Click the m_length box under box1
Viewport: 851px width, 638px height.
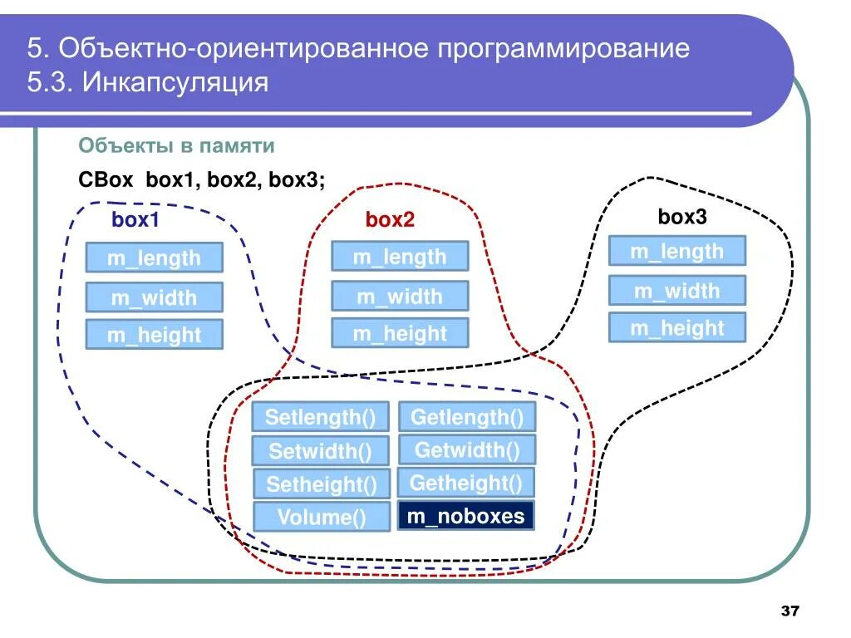(155, 258)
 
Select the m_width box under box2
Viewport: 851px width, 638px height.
(400, 297)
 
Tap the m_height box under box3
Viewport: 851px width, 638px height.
(676, 328)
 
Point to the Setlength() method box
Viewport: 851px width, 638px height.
(320, 416)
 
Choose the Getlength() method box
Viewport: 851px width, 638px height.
(467, 416)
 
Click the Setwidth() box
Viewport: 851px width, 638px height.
(320, 452)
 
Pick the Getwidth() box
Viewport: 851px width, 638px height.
(467, 450)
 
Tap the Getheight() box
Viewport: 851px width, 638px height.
(466, 483)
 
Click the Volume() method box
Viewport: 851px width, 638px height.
(322, 518)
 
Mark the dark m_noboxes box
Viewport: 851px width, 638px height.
(466, 516)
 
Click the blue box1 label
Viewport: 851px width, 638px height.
(135, 221)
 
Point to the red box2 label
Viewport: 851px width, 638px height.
(390, 220)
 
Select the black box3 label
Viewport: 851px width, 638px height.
(681, 218)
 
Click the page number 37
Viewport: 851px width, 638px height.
(790, 611)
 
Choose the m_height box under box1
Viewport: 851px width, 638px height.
(155, 335)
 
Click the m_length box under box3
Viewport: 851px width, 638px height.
(676, 251)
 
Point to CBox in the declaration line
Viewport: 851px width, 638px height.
(101, 180)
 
